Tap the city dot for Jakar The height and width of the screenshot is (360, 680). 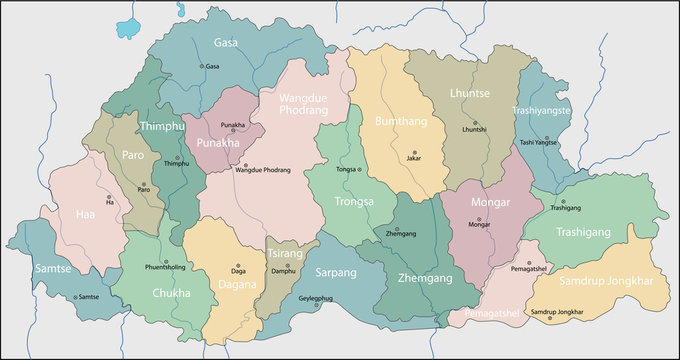point(414,148)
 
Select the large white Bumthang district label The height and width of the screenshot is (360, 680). point(399,120)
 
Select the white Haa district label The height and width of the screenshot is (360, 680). point(84,214)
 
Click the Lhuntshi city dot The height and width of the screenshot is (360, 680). point(474,120)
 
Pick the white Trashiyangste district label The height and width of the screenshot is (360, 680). point(541,110)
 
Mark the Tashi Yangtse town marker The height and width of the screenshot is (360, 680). point(537,134)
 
